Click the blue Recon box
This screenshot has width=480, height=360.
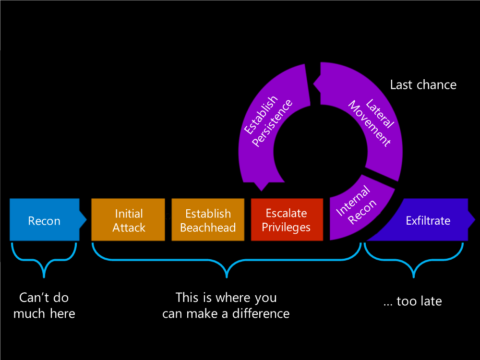click(44, 220)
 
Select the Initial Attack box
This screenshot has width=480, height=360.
click(128, 220)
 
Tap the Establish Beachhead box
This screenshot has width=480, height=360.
click(208, 220)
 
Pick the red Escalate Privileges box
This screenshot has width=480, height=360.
click(287, 220)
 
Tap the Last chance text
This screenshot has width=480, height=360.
click(423, 85)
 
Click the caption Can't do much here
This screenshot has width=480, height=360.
click(44, 305)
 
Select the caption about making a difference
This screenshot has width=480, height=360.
click(226, 305)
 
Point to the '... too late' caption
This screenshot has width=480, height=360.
click(413, 301)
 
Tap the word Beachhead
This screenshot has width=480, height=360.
click(208, 228)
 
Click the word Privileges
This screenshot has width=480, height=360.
click(287, 228)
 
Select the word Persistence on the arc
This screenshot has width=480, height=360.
click(273, 124)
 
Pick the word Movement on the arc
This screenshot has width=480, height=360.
click(370, 124)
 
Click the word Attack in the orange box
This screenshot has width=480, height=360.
click(129, 228)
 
